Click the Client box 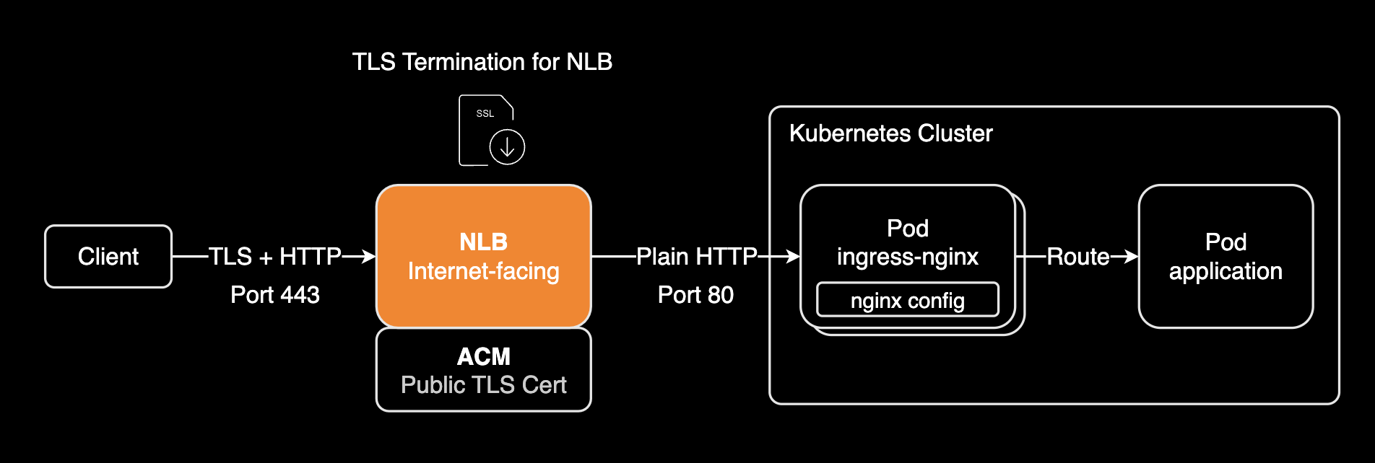coord(108,257)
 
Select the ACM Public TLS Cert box coord(483,370)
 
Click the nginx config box coord(907,300)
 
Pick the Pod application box coord(1226,257)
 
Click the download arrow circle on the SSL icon coord(507,147)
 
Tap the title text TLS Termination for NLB coord(482,62)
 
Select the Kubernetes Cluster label coord(890,133)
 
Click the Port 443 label coord(274,295)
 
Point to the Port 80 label coord(695,295)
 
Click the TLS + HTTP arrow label coord(274,257)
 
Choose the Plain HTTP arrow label coord(696,257)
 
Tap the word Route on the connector coord(1077,257)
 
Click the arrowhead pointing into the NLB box coord(369,257)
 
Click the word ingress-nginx coord(907,257)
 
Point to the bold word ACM coord(483,356)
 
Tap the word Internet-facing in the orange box coord(483,271)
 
